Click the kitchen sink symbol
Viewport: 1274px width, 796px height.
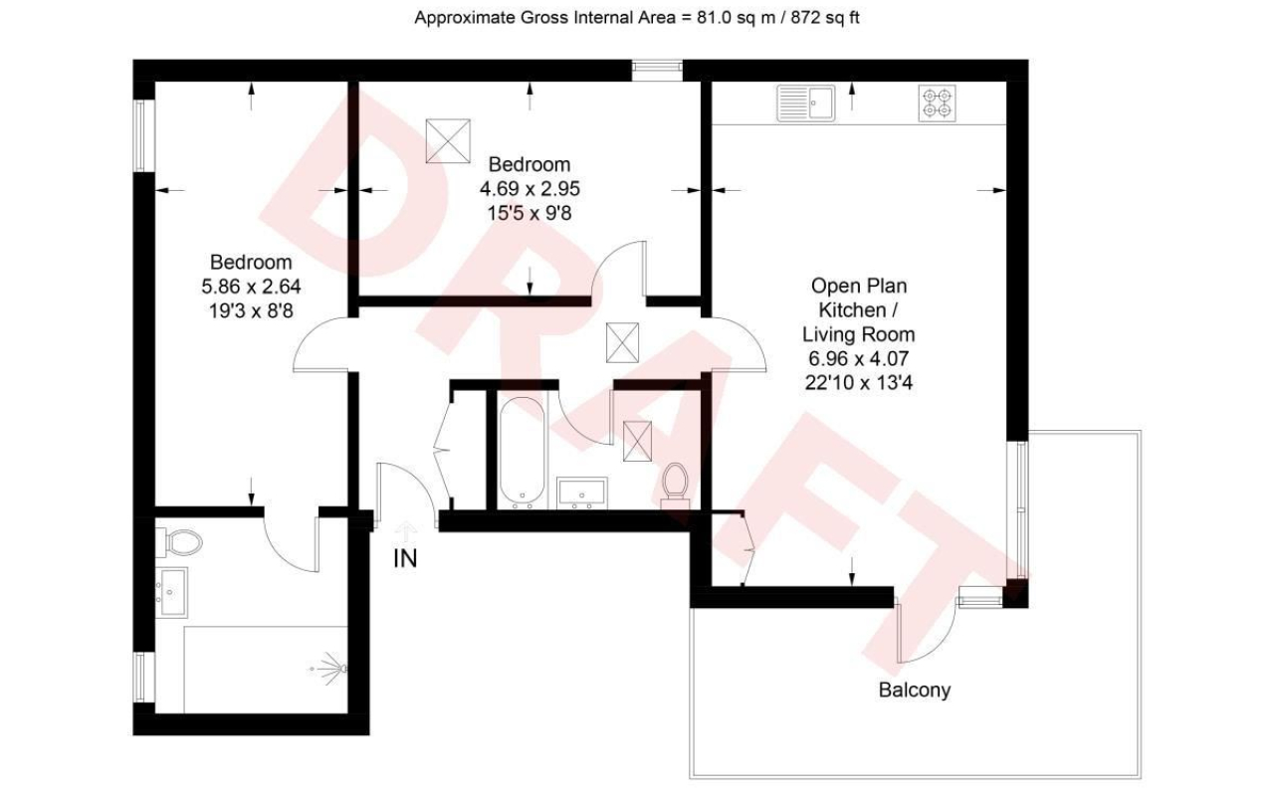tap(806, 102)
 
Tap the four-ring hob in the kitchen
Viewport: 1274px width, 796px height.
tap(937, 102)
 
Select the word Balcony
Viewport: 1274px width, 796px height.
tap(915, 690)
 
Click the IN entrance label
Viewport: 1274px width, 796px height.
tap(405, 558)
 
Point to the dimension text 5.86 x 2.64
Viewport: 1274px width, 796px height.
tap(251, 286)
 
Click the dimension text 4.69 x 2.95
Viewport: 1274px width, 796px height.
tap(530, 189)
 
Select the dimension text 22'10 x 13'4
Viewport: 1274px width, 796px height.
tap(859, 383)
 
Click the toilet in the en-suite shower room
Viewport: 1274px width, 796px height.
tap(178, 542)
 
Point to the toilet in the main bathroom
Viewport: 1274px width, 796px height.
tap(675, 486)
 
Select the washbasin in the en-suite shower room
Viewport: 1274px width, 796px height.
tap(171, 592)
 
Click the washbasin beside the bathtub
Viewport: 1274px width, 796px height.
tap(582, 493)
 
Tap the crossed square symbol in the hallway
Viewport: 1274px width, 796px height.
tap(622, 342)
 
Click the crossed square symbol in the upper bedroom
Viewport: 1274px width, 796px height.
tap(448, 140)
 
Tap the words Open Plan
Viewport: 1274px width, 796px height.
tap(859, 286)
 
